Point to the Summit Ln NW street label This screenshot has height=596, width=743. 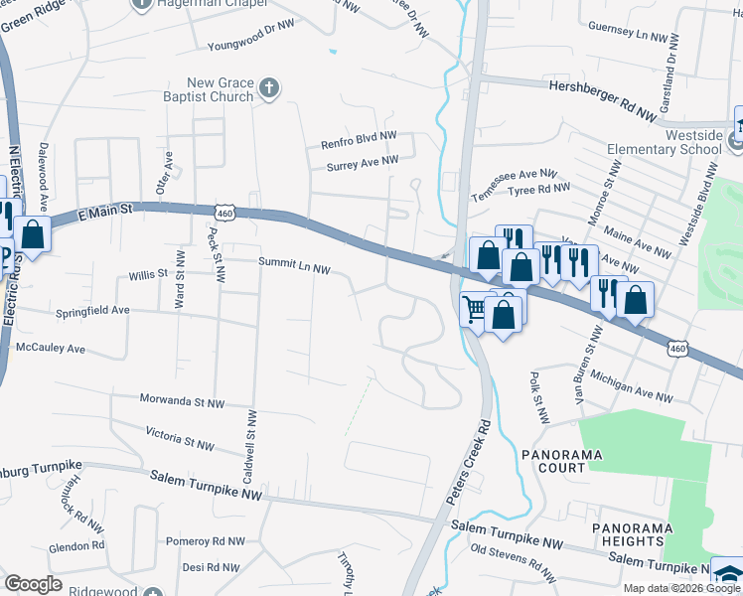click(294, 263)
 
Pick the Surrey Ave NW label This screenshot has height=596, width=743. click(363, 160)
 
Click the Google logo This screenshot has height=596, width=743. click(33, 584)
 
